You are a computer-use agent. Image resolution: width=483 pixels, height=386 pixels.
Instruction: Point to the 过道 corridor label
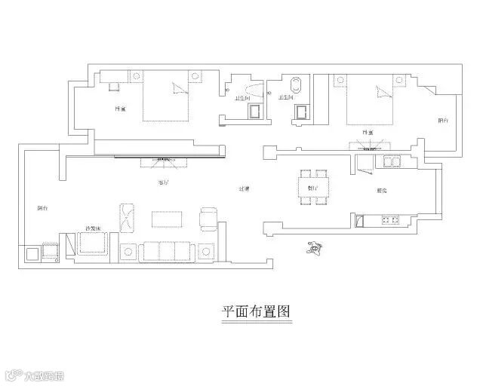(245, 188)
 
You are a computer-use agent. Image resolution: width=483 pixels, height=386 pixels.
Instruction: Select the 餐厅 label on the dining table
(312, 188)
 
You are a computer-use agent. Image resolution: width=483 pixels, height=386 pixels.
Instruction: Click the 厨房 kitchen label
(383, 191)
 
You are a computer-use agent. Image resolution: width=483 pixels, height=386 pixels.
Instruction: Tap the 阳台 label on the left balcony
(43, 208)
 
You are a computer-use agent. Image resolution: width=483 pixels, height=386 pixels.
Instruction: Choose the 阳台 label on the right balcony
(443, 121)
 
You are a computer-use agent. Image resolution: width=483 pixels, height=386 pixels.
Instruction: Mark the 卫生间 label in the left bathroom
(243, 97)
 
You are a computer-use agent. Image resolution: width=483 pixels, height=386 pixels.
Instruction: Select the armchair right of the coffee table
(208, 219)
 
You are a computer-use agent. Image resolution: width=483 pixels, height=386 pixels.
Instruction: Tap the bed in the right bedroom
(373, 101)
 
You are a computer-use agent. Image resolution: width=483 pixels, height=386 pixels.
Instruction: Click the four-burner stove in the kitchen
(391, 220)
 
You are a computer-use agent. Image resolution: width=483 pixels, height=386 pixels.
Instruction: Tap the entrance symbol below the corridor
(315, 247)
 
